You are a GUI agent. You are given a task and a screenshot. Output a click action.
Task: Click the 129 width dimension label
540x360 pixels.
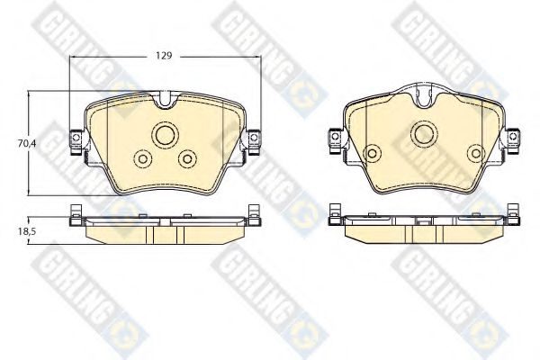click(164, 56)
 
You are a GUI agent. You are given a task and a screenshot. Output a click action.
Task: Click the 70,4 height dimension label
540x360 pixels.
click(27, 143)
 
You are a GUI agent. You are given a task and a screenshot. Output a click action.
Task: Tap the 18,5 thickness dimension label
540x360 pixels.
click(27, 231)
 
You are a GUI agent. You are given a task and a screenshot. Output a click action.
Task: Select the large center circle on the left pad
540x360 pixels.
click(165, 135)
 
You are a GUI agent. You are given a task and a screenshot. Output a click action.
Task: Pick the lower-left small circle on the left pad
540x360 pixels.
click(142, 158)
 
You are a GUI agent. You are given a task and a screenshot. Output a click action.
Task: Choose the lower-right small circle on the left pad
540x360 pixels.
click(187, 158)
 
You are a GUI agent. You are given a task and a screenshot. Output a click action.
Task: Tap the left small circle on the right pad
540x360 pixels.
click(373, 153)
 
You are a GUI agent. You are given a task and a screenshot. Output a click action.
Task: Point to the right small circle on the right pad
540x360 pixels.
click(476, 153)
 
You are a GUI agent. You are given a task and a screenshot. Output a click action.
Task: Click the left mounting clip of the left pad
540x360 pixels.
click(76, 142)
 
